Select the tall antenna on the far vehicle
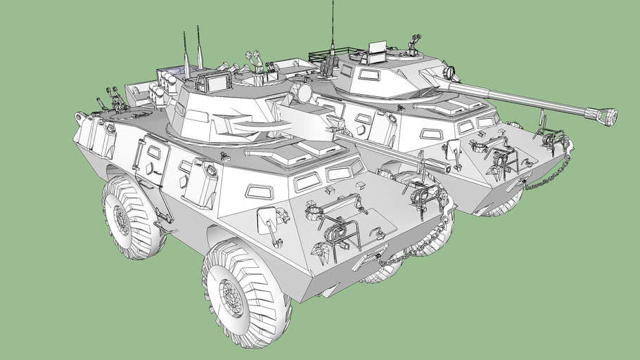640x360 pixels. pos(333,28)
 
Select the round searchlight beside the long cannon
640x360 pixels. pos(450,72)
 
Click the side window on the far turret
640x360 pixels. pos(369,75)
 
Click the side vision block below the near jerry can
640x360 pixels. pos(258,191)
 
